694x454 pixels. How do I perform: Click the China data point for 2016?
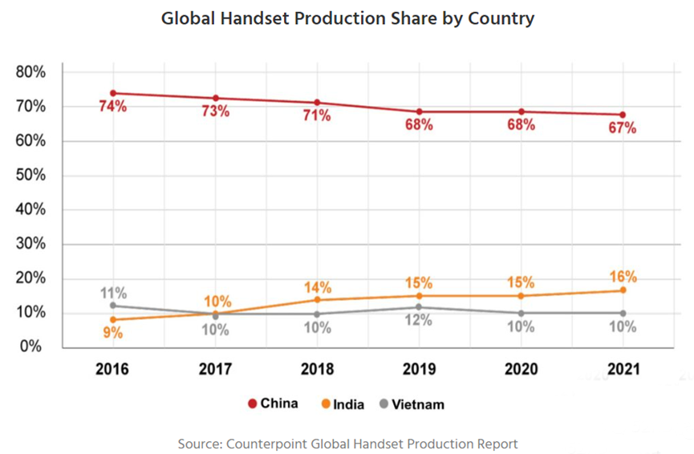click(113, 93)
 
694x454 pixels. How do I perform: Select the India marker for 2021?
click(623, 290)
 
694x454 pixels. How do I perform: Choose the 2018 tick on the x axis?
click(317, 370)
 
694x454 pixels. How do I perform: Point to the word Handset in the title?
click(252, 18)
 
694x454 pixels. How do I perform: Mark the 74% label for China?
click(113, 107)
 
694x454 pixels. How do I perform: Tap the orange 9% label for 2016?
click(113, 333)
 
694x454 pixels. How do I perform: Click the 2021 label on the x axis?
click(623, 370)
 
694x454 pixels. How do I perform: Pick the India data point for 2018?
click(317, 300)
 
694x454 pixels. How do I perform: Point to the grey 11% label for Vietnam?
click(113, 292)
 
